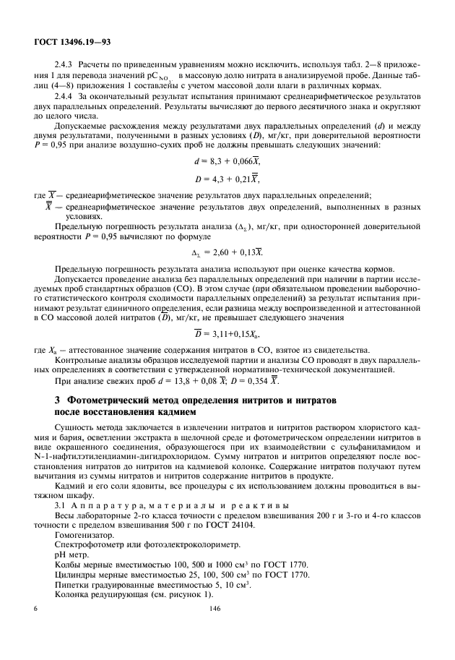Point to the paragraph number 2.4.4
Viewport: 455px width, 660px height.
[x=64, y=95]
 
